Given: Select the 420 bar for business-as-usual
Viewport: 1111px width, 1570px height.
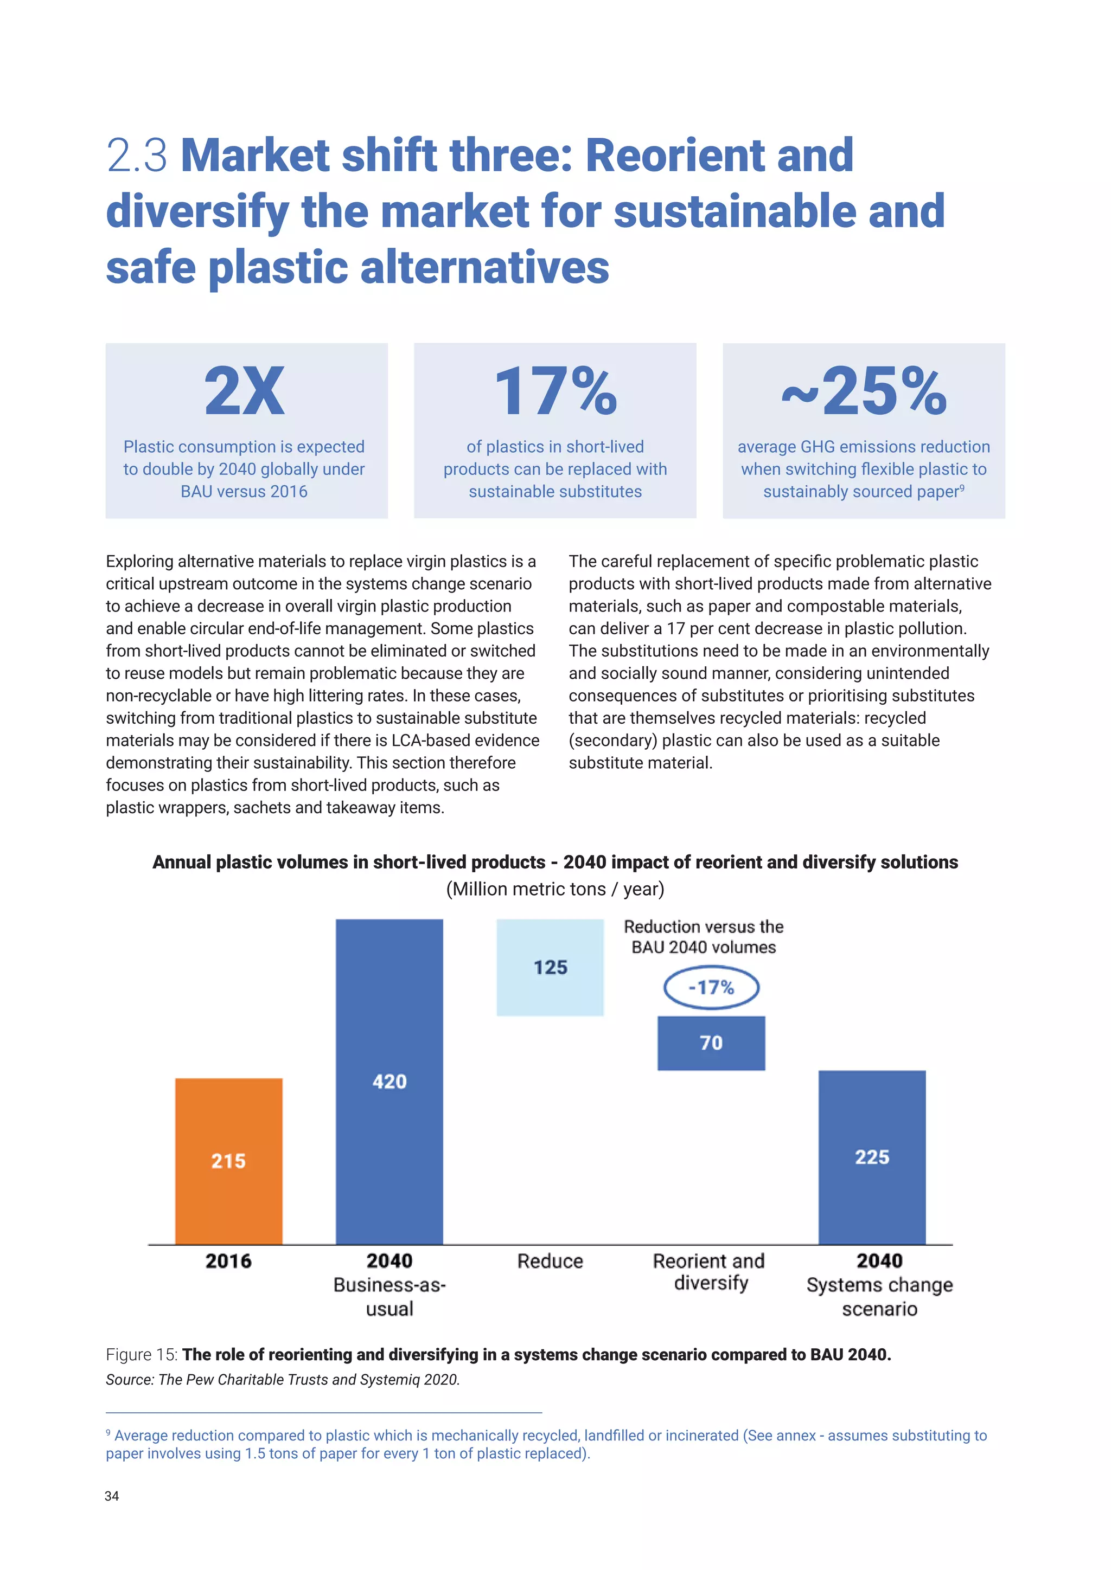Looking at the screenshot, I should pyautogui.click(x=390, y=1081).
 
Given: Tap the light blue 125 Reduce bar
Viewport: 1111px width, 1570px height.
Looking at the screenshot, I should pyautogui.click(x=550, y=967).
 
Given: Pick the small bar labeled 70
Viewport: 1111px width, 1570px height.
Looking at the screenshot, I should pyautogui.click(x=711, y=1043).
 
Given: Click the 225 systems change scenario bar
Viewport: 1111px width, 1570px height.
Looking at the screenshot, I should pyautogui.click(x=872, y=1157).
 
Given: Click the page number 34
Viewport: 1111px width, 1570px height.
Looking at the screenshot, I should pyautogui.click(x=112, y=1496).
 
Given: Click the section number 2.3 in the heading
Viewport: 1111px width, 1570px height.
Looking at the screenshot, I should pyautogui.click(x=137, y=156).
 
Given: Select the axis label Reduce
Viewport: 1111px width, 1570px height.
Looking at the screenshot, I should pyautogui.click(x=550, y=1261).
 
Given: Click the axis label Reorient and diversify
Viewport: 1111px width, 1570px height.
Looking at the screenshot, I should pyautogui.click(x=710, y=1272).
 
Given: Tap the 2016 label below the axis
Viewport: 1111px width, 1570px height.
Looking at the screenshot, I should pyautogui.click(x=228, y=1261).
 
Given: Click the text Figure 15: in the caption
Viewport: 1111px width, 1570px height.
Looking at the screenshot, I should pyautogui.click(x=142, y=1355).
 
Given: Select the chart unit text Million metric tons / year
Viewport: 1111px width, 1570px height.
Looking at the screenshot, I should pyautogui.click(x=555, y=889).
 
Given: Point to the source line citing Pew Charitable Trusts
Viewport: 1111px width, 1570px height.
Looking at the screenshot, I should pyautogui.click(x=283, y=1379).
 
